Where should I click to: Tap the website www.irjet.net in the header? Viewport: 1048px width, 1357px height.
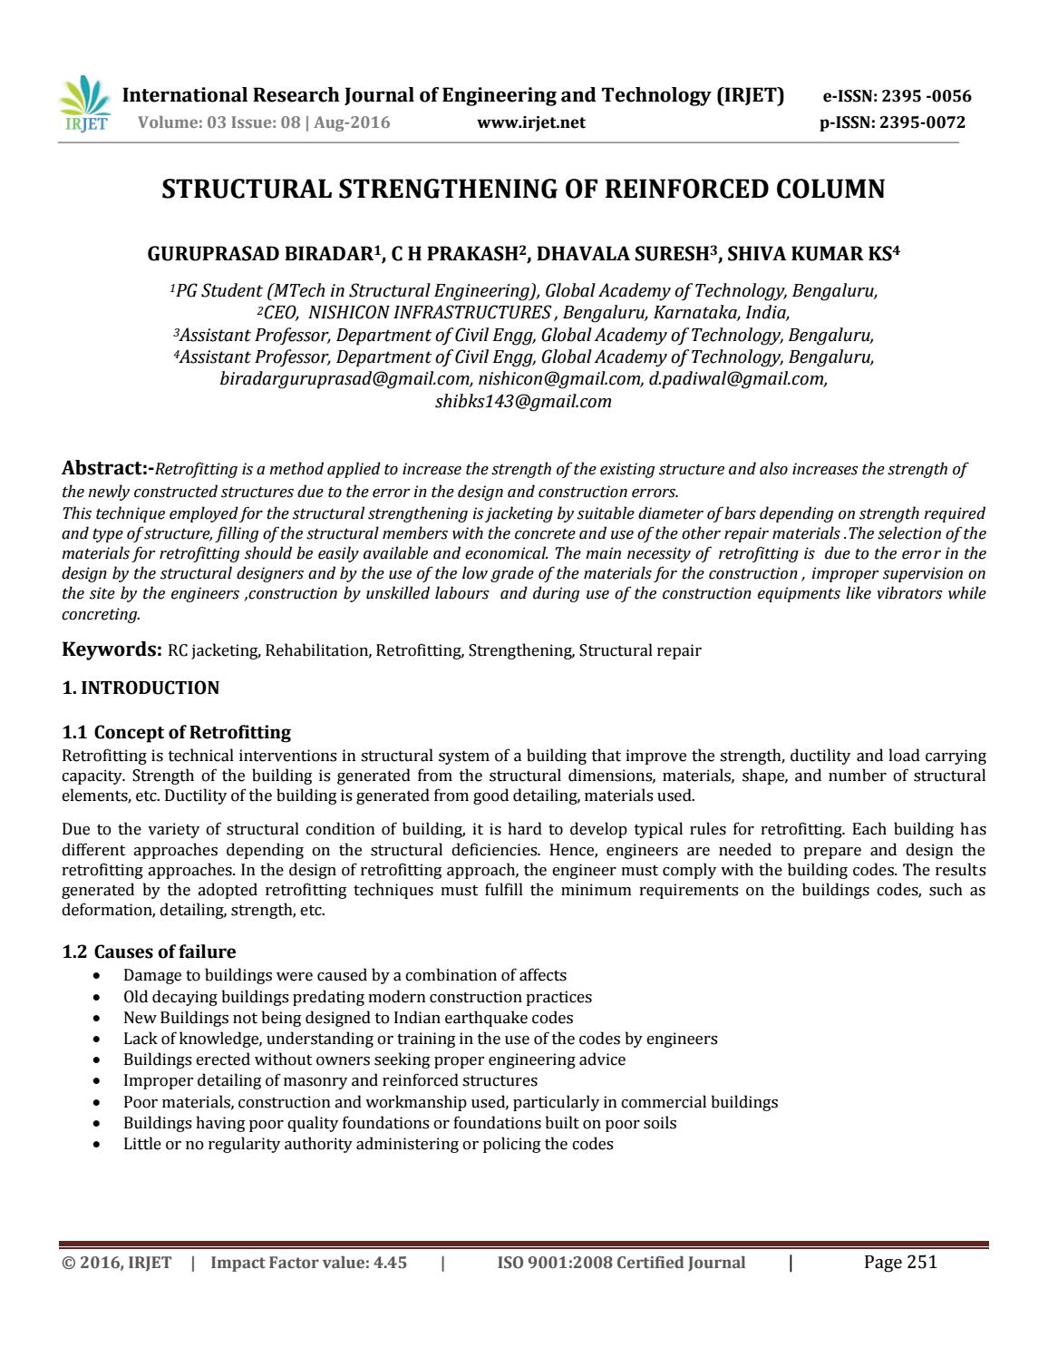[x=530, y=122]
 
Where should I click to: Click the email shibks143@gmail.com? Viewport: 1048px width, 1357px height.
[x=523, y=401]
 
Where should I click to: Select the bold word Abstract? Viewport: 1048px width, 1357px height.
[x=103, y=469]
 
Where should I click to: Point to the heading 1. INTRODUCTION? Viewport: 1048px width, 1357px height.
[x=141, y=688]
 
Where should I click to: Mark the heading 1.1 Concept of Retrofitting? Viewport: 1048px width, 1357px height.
[x=177, y=732]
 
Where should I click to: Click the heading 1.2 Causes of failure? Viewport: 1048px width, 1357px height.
[x=149, y=952]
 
